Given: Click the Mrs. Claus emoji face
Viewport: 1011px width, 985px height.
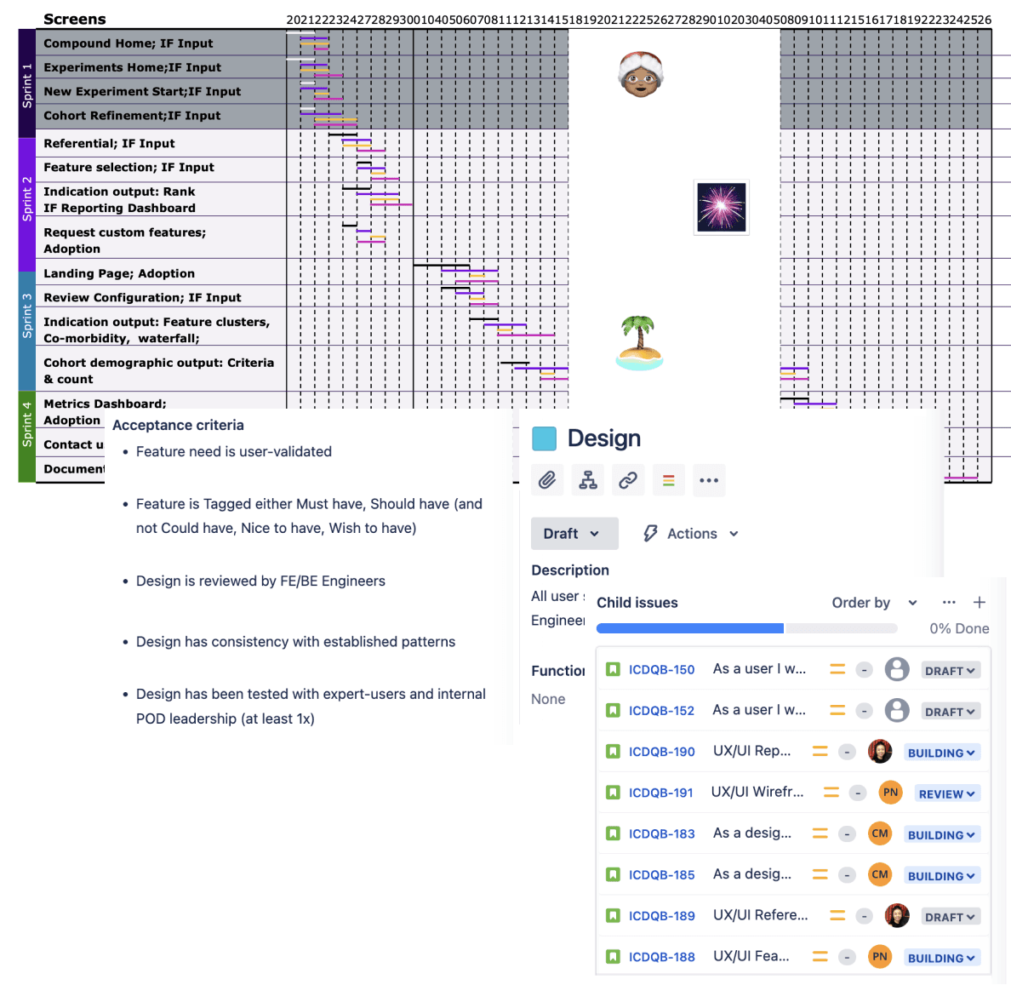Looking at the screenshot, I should point(640,74).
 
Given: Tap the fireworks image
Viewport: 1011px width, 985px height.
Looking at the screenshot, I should point(722,207).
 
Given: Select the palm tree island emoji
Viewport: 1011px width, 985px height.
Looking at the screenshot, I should point(639,343).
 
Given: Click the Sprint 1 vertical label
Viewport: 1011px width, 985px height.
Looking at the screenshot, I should point(26,84).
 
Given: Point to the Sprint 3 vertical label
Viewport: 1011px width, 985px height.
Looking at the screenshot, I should point(26,316).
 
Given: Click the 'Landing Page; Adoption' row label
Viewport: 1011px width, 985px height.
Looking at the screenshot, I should point(119,273).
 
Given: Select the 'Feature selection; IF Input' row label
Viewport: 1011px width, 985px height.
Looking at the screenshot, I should point(129,168).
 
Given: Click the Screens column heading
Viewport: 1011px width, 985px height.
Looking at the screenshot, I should point(75,19).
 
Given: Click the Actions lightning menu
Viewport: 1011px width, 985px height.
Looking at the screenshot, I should point(691,534).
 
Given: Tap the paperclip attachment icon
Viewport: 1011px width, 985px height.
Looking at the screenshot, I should point(547,480).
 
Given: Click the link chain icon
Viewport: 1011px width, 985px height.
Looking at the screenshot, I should point(628,480).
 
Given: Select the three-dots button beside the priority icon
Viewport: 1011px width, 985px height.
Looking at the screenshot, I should point(709,480).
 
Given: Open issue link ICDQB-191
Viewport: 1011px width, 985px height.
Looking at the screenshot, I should point(661,793).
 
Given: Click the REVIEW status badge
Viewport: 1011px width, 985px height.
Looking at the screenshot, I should point(947,793).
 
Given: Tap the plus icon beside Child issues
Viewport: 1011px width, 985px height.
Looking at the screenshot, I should point(980,602).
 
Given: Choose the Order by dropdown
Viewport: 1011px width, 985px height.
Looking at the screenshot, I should point(874,603).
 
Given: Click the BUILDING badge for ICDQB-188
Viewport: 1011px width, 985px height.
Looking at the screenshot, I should point(941,958).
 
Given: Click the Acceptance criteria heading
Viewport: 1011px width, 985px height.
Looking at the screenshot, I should point(178,425).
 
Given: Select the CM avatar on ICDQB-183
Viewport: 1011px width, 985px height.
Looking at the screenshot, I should point(880,833).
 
